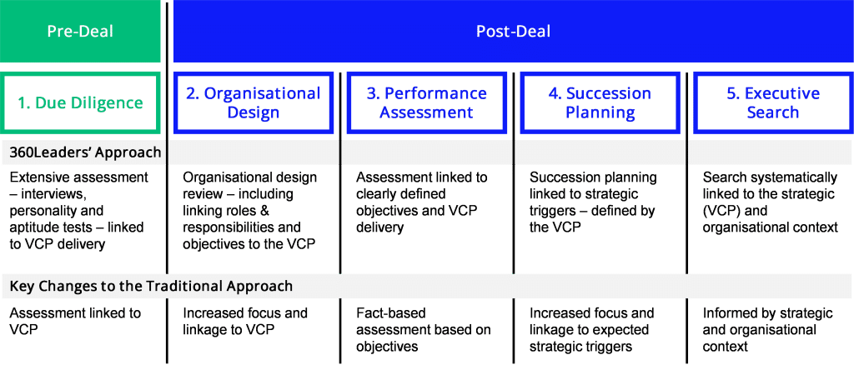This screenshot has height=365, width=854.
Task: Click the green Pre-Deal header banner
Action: coord(80,31)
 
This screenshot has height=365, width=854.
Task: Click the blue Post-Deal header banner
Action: coord(514,31)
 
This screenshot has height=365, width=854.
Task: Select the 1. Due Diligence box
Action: coord(80,102)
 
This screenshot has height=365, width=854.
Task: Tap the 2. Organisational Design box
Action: coord(254,102)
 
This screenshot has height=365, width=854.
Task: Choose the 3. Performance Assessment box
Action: coord(426,102)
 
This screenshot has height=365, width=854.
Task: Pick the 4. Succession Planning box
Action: coord(600,102)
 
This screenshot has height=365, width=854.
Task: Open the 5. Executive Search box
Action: coord(773,102)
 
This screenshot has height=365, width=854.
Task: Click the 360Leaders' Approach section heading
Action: coord(86,152)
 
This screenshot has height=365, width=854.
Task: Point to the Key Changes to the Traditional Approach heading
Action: coord(152,286)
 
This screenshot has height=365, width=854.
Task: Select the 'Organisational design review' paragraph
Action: coord(249,211)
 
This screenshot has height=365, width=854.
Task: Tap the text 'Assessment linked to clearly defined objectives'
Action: coord(422,202)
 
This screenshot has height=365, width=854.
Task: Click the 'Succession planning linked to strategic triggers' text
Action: coord(594,202)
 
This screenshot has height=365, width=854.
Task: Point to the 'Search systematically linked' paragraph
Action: coord(770,202)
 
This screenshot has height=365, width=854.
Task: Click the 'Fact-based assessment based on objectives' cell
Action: coord(423,330)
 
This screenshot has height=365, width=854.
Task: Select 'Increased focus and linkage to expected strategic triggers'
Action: coord(591,330)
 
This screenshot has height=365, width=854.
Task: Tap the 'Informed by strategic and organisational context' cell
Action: coord(767,330)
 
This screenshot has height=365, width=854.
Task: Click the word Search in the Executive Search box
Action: coord(773,112)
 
